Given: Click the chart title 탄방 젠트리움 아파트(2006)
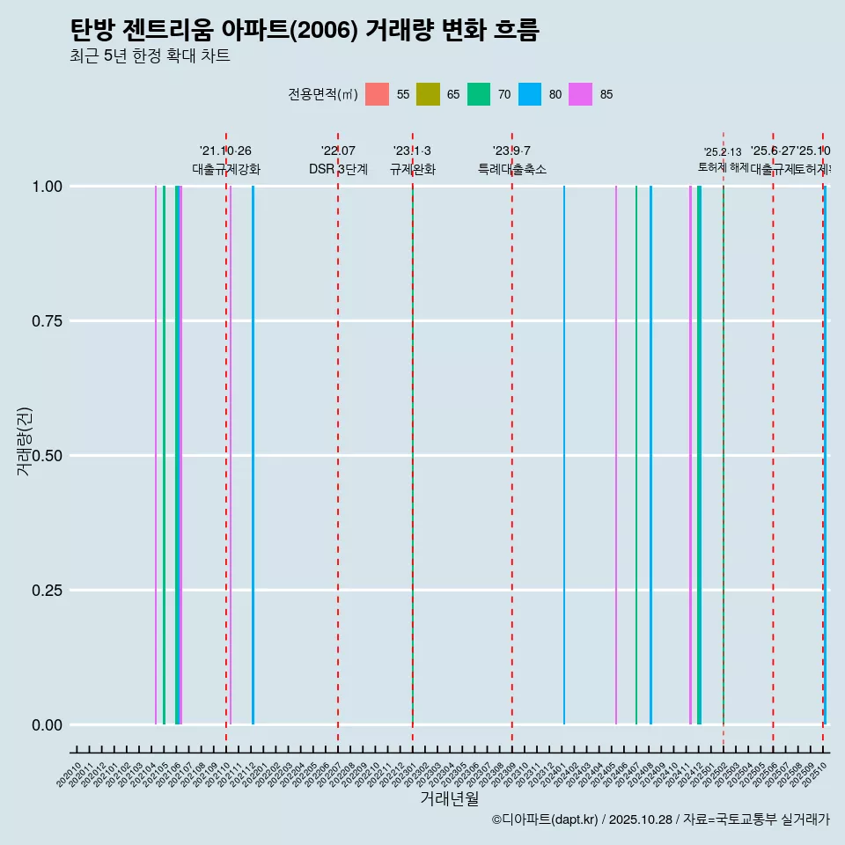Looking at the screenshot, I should (x=304, y=30).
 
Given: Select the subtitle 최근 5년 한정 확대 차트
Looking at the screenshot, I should (x=150, y=56).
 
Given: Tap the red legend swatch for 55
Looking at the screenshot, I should (x=377, y=94).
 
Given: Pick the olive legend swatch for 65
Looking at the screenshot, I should (x=428, y=94).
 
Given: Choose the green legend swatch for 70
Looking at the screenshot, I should (x=479, y=94).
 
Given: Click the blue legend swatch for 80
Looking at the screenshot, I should (x=530, y=94).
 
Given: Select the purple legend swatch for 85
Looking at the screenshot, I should (x=580, y=94).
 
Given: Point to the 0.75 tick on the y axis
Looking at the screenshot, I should (x=45, y=321).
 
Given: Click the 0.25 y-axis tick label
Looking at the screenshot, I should (x=45, y=591).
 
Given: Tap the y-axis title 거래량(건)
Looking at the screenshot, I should (x=24, y=440).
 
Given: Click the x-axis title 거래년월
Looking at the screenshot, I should (x=449, y=799).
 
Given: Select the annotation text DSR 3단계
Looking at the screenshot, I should (x=338, y=169).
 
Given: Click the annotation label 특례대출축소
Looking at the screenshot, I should (x=511, y=169).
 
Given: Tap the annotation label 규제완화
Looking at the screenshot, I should (x=412, y=169).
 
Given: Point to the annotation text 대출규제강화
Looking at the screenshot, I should (x=226, y=169).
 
